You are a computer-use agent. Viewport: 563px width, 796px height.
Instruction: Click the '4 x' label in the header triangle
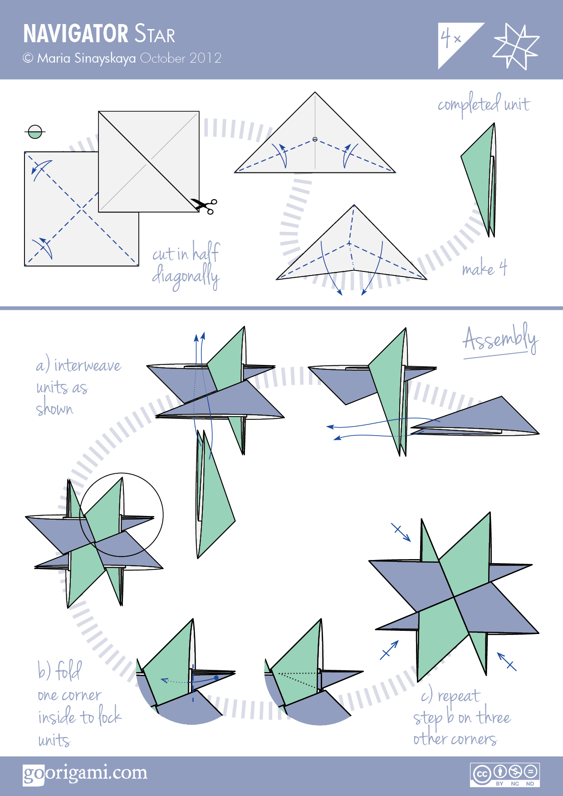(450, 38)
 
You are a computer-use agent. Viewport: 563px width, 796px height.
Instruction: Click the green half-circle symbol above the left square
(35, 132)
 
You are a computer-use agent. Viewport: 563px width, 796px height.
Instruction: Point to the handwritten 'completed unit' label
(484, 105)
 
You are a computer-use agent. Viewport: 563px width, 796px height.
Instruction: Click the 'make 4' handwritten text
(484, 269)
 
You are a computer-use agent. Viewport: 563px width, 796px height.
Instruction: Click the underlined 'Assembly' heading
(499, 339)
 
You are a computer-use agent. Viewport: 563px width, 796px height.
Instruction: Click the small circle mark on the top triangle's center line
(315, 139)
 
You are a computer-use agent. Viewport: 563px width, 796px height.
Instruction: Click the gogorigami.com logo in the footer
(85, 773)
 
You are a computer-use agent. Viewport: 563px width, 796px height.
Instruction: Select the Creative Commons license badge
(504, 775)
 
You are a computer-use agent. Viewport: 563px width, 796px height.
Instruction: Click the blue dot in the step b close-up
(216, 678)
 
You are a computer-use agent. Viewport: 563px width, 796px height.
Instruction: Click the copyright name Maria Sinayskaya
(86, 58)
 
